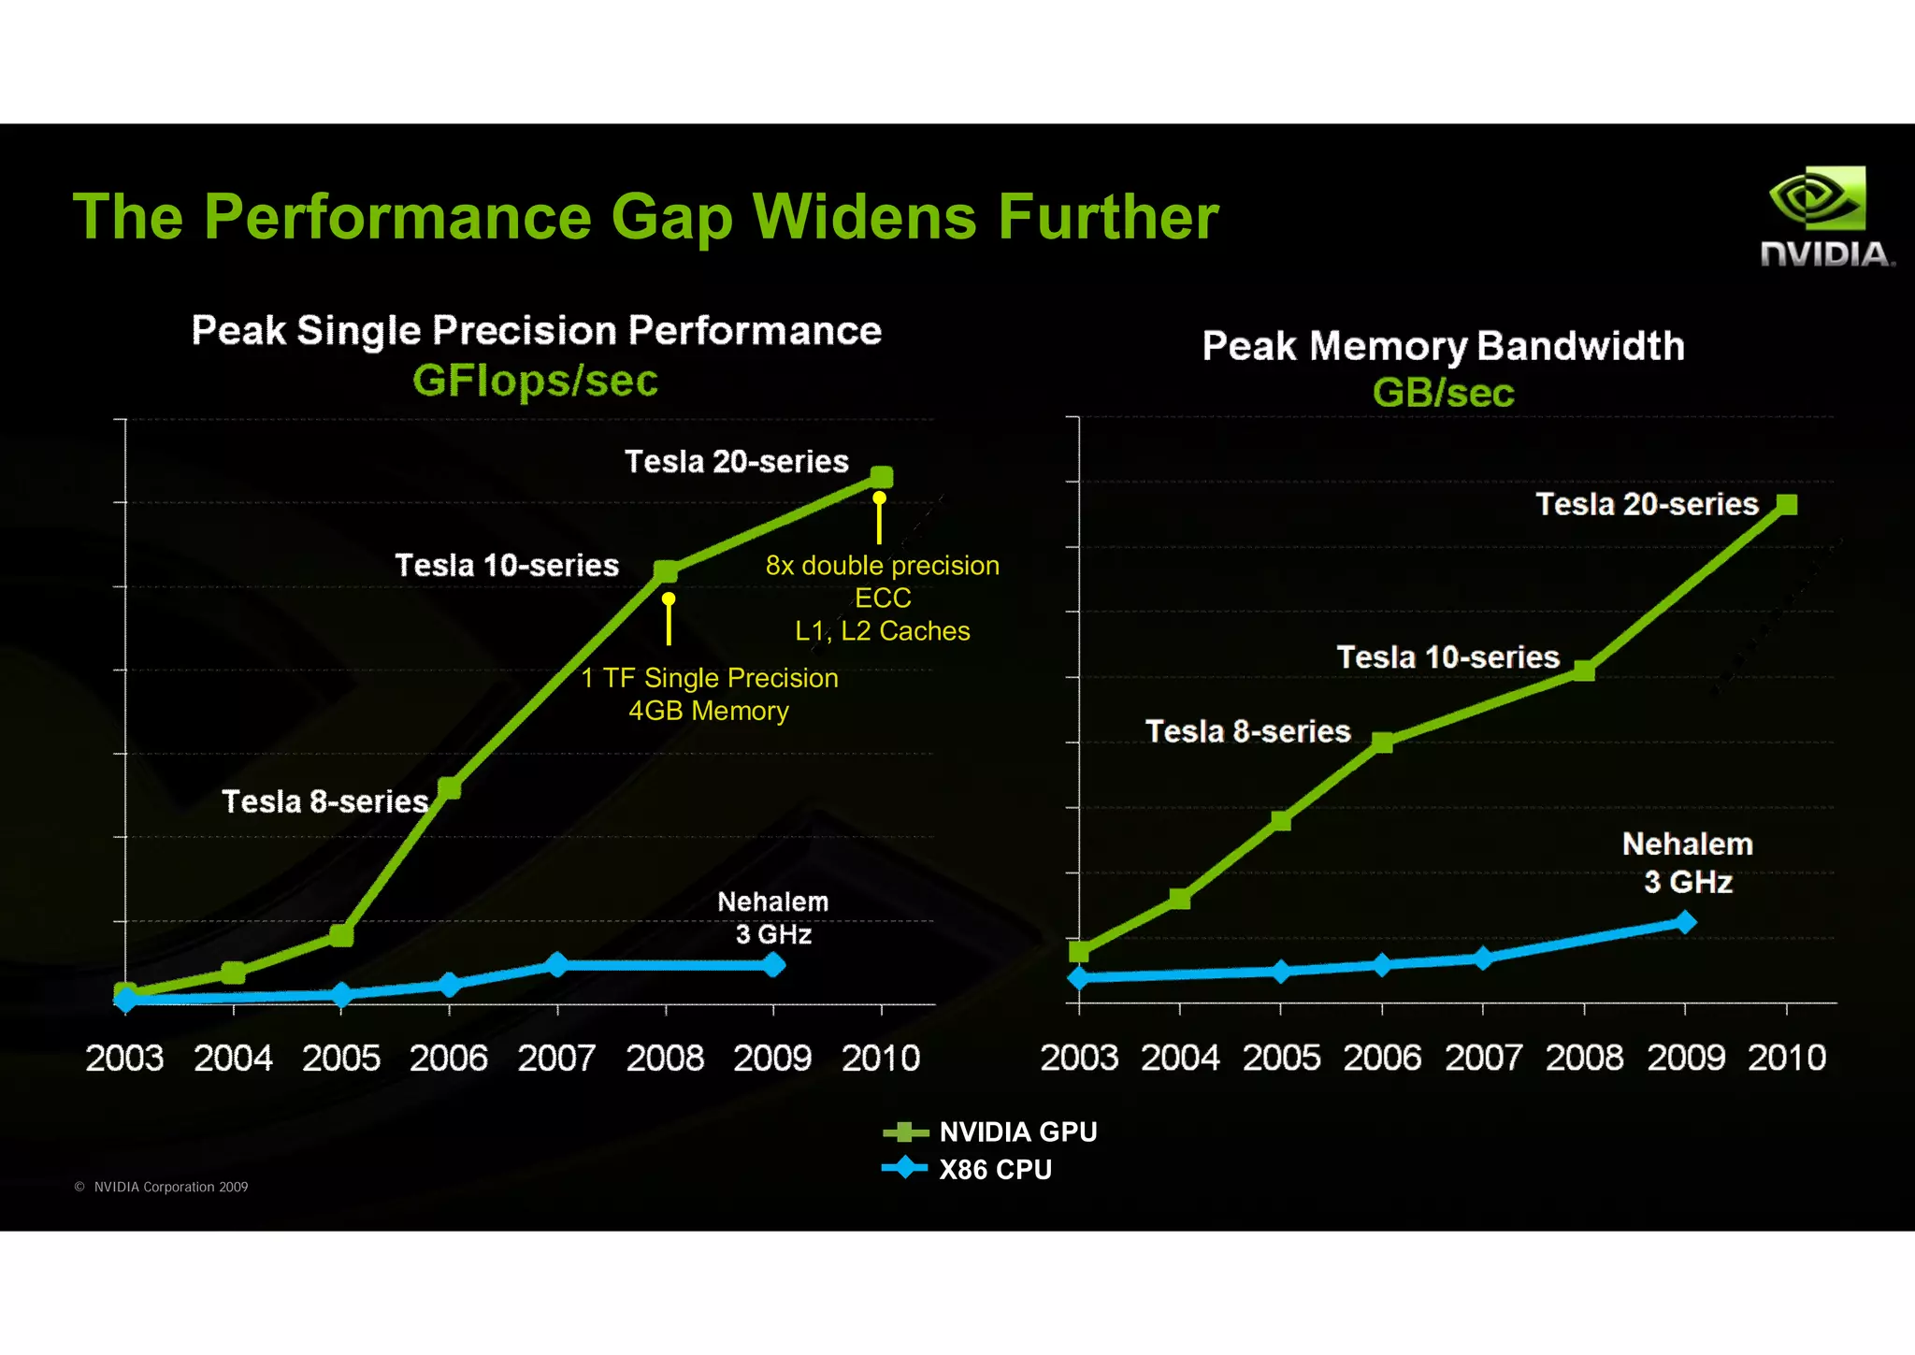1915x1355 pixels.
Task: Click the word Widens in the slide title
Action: (x=865, y=217)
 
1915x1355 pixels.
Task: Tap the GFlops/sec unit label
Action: (x=535, y=381)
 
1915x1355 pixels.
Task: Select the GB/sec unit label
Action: (x=1443, y=393)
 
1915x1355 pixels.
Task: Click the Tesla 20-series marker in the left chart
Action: (x=881, y=477)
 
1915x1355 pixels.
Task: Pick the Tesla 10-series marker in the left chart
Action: (x=666, y=570)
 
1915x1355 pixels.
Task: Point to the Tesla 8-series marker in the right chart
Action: (x=1382, y=742)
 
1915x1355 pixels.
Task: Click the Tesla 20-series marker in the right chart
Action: (x=1786, y=505)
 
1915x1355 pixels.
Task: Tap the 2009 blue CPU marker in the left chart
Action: (x=773, y=965)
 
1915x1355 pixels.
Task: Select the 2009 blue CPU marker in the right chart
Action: (x=1685, y=923)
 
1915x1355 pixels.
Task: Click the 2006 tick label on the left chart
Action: (x=449, y=1059)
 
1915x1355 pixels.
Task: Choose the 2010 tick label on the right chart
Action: (x=1786, y=1058)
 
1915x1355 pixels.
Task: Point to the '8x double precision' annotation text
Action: (x=882, y=566)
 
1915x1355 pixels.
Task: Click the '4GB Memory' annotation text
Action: (x=709, y=712)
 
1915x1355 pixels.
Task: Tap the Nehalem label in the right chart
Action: (x=1687, y=844)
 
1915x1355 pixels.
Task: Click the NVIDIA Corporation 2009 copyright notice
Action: (x=162, y=1188)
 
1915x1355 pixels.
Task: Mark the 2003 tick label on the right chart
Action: (x=1079, y=1058)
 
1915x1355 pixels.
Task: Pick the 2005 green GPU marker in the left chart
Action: (x=341, y=934)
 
